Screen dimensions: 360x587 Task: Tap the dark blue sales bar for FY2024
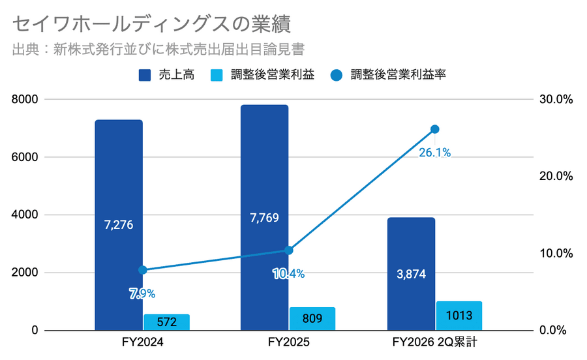pos(119,196)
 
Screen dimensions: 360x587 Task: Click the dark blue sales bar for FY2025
pos(264,183)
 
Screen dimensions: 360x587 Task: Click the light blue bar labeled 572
pos(166,322)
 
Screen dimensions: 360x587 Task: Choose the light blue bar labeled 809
pos(312,319)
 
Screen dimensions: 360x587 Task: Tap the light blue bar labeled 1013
pos(459,316)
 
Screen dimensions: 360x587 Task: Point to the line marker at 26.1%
pos(435,129)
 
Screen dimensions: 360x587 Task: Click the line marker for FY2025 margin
pos(289,250)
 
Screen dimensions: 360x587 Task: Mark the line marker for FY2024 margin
pos(143,270)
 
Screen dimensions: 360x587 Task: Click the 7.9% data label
pos(142,293)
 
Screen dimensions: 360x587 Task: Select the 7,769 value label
pos(264,217)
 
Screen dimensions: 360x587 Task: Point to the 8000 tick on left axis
pos(25,99)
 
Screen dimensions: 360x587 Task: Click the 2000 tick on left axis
pos(25,273)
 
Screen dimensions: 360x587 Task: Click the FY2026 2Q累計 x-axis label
pos(435,343)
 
